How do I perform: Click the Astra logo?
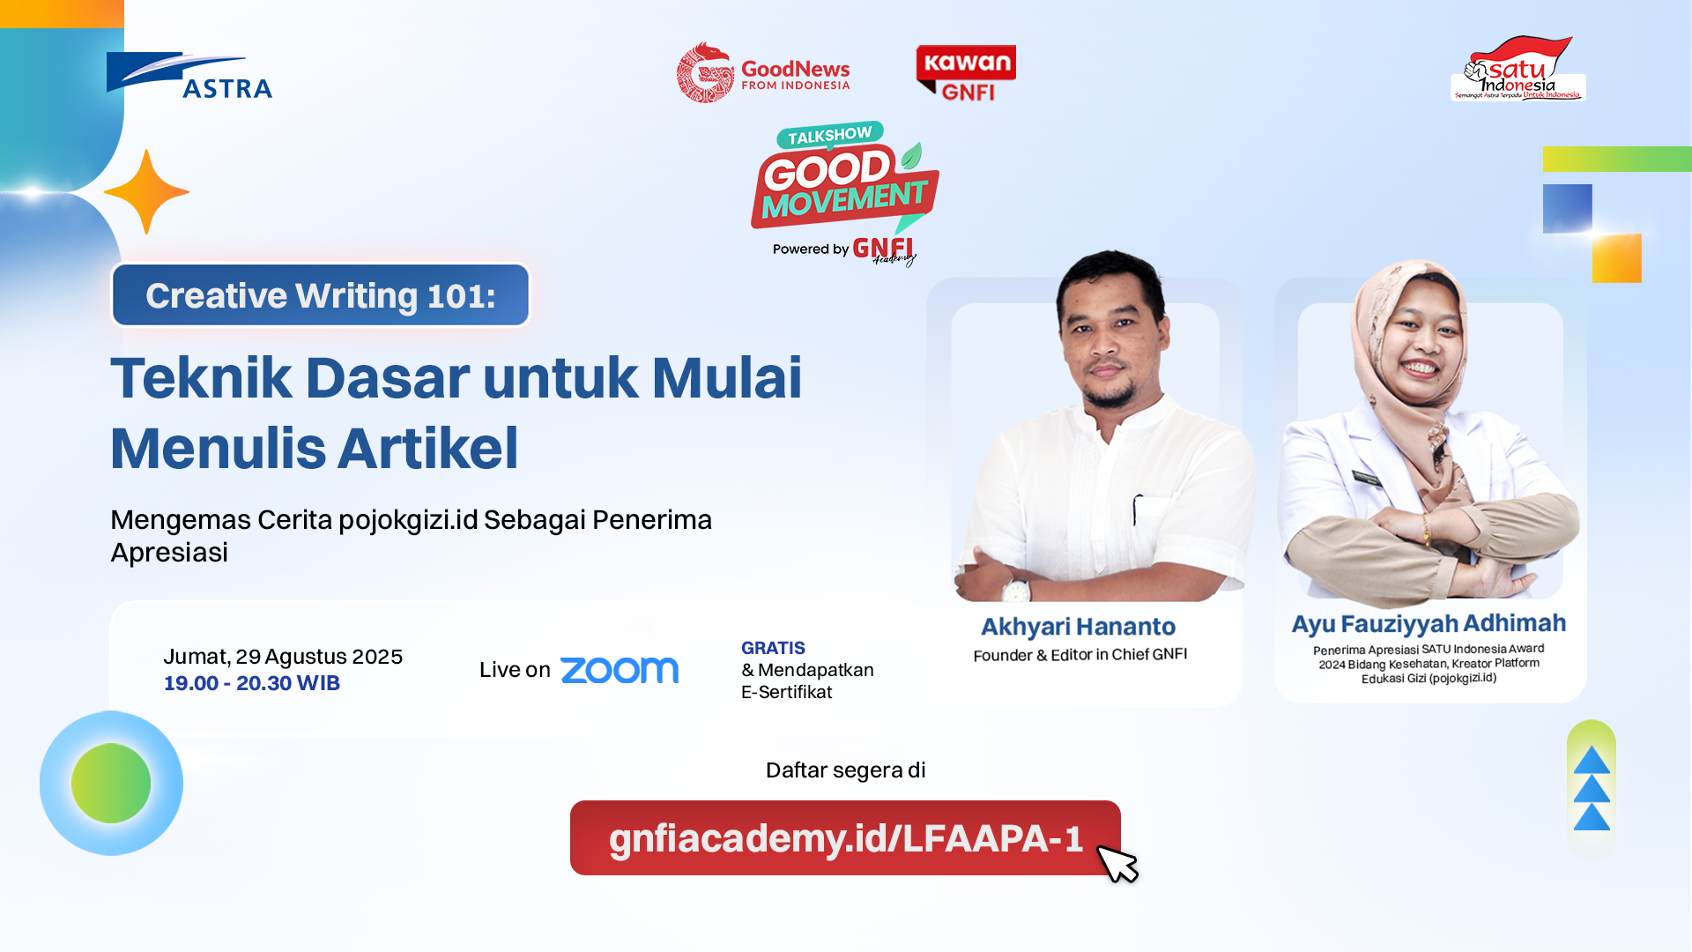189,75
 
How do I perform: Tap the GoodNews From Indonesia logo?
763,73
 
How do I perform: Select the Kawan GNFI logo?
966,73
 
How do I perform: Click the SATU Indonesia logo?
1518,70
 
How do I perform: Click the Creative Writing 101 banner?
321,295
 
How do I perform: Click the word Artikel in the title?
428,448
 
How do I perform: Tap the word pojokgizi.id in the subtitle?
408,520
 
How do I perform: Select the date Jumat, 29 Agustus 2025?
283,657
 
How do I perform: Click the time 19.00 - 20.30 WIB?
252,683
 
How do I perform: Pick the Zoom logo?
620,670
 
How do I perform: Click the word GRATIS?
773,648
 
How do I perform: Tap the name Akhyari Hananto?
1078,627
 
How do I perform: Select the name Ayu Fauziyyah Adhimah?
1429,624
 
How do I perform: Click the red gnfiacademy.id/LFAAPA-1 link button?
845,837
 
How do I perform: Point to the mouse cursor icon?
1117,863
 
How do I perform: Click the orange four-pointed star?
146,192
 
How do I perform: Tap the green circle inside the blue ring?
111,783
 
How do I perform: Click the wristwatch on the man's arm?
1017,590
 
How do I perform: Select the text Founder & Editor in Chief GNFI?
1080,655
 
